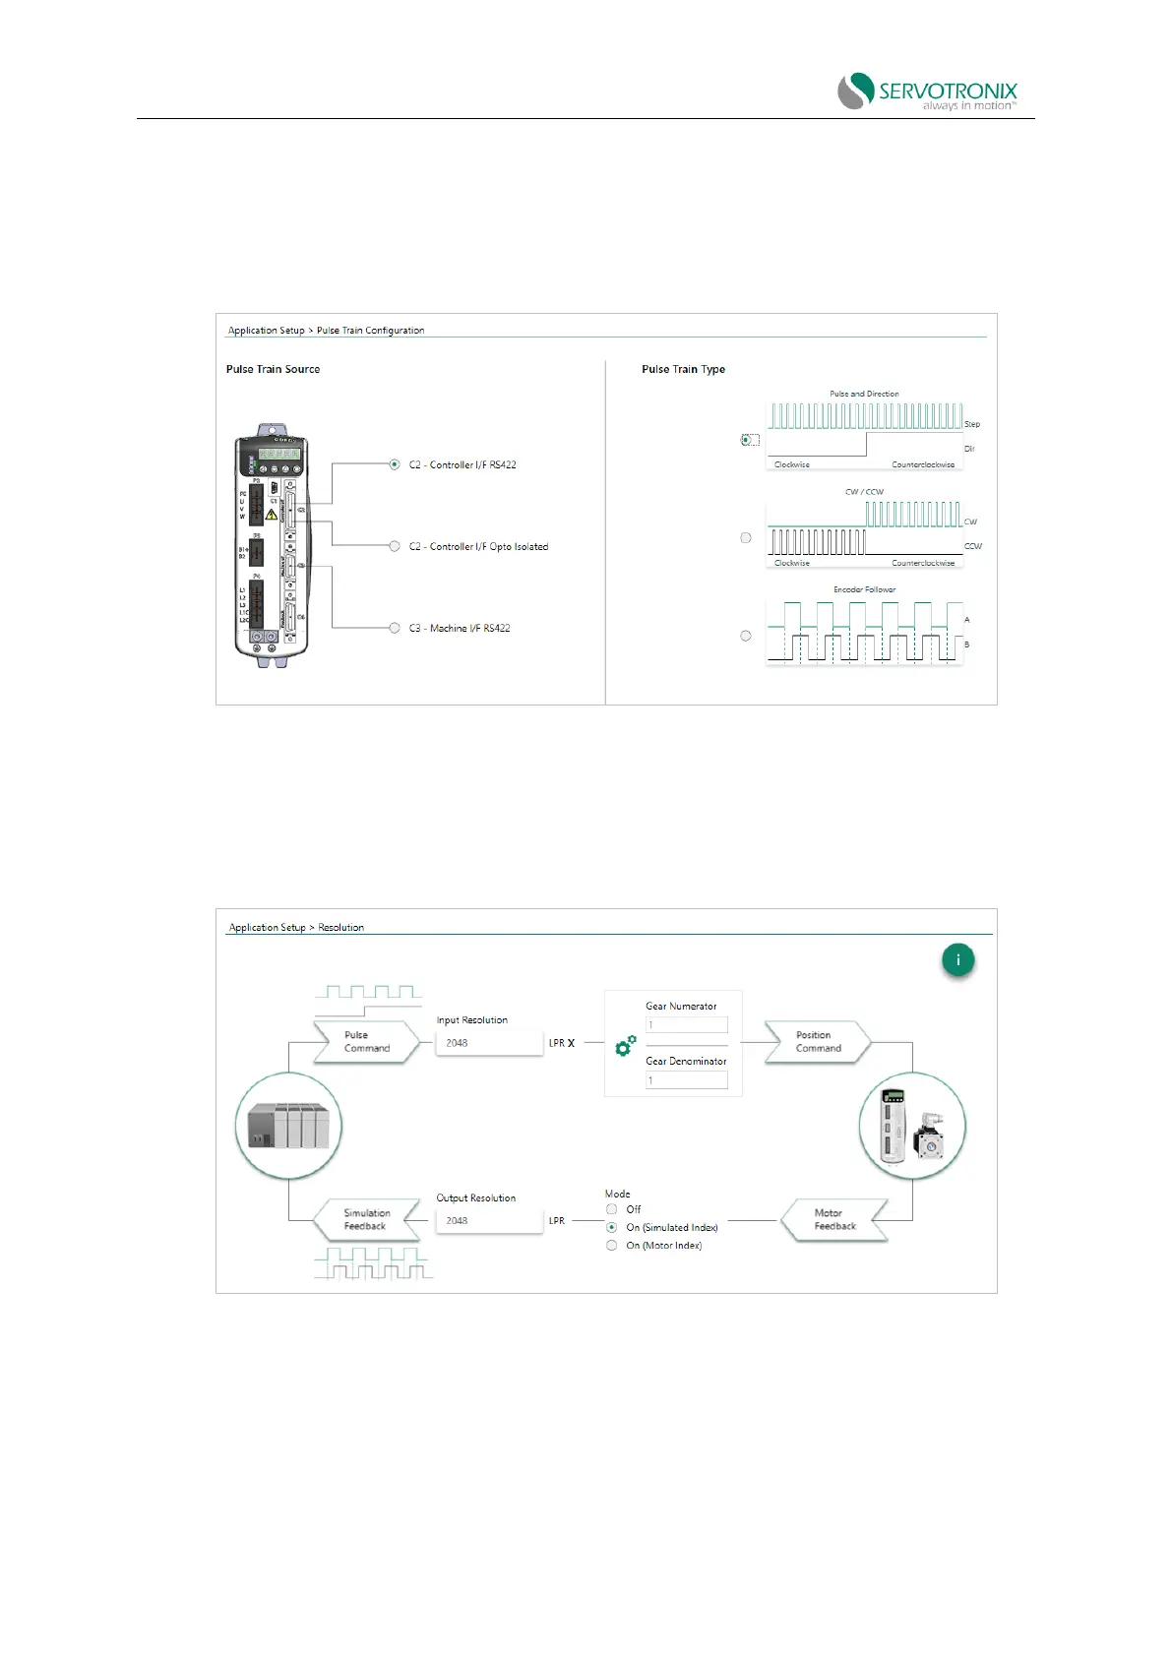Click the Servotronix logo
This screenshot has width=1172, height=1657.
tap(927, 91)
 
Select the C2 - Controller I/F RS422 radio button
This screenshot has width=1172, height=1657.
tap(395, 464)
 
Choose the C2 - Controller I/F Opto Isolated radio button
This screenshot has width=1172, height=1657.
tap(395, 546)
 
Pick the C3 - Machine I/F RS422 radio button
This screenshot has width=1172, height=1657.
tap(395, 628)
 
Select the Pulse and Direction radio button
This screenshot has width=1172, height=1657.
tap(746, 440)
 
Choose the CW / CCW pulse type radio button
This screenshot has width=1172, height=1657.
tap(746, 537)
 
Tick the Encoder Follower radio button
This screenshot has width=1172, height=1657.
tap(746, 636)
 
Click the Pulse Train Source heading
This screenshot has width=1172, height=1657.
tap(273, 369)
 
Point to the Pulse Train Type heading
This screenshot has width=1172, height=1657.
tap(683, 369)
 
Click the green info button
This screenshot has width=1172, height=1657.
tap(957, 959)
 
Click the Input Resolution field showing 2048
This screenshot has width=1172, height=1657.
tap(488, 1043)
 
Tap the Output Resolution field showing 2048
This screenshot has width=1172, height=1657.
tap(488, 1221)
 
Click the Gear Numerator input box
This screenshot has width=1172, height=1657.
tap(687, 1024)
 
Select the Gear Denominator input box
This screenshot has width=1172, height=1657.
tap(687, 1080)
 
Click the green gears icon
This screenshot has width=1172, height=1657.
tap(625, 1046)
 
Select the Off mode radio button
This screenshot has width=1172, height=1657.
tap(612, 1209)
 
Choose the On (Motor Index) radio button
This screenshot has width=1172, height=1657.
tap(612, 1246)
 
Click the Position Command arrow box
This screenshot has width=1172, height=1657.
tap(819, 1042)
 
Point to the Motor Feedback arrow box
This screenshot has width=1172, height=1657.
tap(834, 1220)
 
